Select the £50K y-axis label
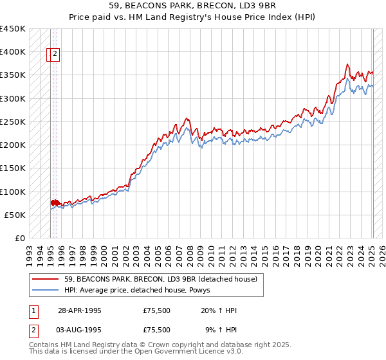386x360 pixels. click(15, 215)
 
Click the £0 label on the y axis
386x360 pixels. click(19, 239)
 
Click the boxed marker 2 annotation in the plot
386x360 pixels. click(55, 55)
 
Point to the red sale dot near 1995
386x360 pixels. click(53, 203)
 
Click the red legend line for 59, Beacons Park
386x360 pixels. click(46, 279)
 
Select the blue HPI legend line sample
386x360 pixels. click(46, 291)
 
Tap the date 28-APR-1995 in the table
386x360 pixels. click(80, 310)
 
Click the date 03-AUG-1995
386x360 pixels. click(80, 330)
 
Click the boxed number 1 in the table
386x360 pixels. click(33, 310)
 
